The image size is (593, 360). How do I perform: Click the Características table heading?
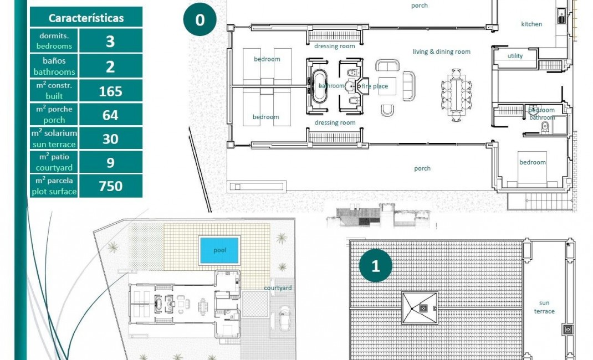pos(86,18)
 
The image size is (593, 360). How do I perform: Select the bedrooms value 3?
pos(110,41)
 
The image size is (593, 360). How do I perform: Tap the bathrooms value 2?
pos(110,66)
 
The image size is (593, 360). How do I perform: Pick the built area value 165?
pos(110,91)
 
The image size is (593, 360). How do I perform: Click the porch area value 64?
pos(110,115)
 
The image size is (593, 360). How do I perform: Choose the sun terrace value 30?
pos(110,139)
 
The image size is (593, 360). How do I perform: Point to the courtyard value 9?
pos(110,163)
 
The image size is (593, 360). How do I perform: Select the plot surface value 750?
pos(110,186)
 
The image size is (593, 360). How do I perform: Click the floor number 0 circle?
pos(200,20)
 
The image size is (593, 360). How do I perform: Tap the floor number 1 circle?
pos(376,266)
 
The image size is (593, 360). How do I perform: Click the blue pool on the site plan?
pos(219,250)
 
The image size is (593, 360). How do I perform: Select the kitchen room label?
pos(531,24)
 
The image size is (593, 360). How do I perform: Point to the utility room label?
pos(515,56)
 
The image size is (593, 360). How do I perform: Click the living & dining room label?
pos(441,52)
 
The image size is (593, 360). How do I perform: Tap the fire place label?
pos(375,86)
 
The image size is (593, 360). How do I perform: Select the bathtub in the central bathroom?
pos(320,86)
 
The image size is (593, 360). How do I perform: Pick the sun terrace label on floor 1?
pos(544,307)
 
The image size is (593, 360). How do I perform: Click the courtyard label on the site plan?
pos(278,288)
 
